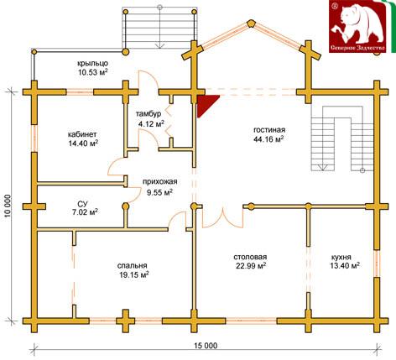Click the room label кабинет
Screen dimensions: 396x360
click(x=82, y=134)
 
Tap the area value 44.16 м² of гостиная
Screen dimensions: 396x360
click(x=268, y=138)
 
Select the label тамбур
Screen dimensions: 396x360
click(x=148, y=114)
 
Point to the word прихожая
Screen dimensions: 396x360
click(x=160, y=182)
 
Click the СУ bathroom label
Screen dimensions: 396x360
click(x=83, y=203)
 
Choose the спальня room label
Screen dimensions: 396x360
click(x=132, y=265)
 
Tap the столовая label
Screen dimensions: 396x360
click(x=250, y=257)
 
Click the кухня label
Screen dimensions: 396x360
click(x=341, y=257)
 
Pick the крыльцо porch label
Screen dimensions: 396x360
click(x=93, y=64)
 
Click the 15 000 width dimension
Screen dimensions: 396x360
click(x=206, y=346)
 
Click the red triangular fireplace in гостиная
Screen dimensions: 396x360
click(x=206, y=103)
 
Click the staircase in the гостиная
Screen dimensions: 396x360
click(x=342, y=138)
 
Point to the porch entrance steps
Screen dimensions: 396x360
click(x=159, y=28)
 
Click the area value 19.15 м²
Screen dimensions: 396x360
click(x=134, y=274)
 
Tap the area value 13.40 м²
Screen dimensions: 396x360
click(x=345, y=266)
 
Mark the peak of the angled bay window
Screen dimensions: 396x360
click(x=252, y=23)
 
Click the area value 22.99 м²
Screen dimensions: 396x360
click(x=251, y=266)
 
